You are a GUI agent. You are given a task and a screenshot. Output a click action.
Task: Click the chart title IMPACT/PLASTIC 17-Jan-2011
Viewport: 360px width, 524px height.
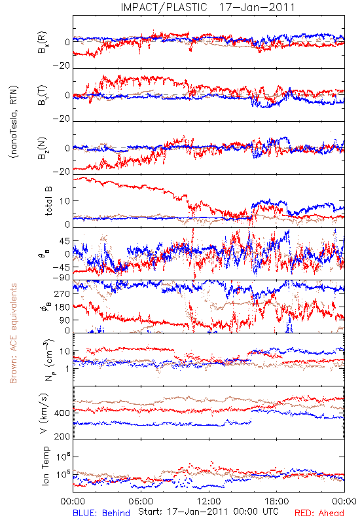click(207, 7)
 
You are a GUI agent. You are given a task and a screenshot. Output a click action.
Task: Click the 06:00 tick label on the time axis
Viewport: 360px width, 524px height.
click(141, 501)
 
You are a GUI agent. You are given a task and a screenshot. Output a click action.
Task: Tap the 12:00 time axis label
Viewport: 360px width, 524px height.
click(209, 501)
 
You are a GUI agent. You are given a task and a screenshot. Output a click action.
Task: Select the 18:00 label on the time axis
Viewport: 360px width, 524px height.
click(277, 501)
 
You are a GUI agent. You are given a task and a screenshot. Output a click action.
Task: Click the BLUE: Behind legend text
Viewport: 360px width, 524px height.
click(101, 513)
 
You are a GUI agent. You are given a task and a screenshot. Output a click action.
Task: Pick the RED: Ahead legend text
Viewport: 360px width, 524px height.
click(319, 513)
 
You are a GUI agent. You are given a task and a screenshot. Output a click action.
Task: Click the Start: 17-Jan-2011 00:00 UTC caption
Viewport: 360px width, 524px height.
click(208, 512)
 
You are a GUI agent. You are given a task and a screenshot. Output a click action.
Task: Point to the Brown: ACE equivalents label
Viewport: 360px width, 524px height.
click(13, 333)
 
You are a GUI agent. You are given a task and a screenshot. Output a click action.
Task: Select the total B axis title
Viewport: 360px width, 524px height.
click(48, 201)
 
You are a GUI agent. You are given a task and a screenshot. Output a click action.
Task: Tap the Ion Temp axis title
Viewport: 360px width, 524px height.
click(45, 466)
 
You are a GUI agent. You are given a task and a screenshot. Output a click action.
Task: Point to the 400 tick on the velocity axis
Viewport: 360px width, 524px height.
click(62, 413)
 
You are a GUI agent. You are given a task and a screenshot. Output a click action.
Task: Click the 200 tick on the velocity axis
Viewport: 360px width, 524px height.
click(62, 436)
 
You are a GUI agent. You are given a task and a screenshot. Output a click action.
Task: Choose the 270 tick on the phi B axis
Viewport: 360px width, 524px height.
click(62, 293)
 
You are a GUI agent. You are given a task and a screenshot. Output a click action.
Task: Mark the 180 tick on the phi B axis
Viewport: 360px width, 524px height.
click(62, 307)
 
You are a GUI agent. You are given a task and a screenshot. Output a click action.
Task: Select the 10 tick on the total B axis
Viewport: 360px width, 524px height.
click(65, 201)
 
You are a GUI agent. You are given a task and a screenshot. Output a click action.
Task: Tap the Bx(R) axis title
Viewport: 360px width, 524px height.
click(43, 43)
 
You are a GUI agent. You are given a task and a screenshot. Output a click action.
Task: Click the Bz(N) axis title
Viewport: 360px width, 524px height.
click(43, 149)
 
